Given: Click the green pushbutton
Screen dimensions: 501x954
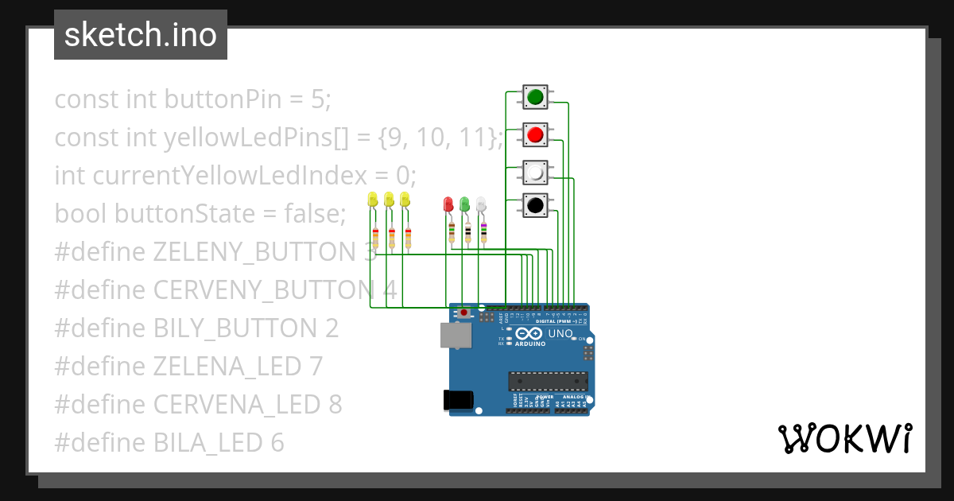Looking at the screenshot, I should pyautogui.click(x=535, y=97).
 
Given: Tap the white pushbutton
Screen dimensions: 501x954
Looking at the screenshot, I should pyautogui.click(x=535, y=172).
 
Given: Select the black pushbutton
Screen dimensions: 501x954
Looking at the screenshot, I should pyautogui.click(x=535, y=205).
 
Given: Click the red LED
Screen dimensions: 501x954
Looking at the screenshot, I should pyautogui.click(x=448, y=204).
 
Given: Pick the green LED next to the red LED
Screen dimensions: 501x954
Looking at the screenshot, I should pyautogui.click(x=465, y=204).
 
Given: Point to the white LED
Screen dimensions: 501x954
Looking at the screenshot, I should pyautogui.click(x=481, y=204).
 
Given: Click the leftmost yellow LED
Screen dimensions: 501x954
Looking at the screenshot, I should pyautogui.click(x=373, y=199).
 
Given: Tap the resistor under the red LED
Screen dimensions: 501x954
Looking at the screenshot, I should pyautogui.click(x=452, y=232).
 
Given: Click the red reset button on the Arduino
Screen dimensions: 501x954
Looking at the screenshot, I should pyautogui.click(x=463, y=313).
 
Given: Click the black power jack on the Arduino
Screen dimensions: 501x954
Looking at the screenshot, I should pyautogui.click(x=459, y=399).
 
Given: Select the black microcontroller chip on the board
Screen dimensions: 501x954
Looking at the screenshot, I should pyautogui.click(x=549, y=382).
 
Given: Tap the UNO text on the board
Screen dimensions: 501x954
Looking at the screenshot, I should pyautogui.click(x=560, y=333).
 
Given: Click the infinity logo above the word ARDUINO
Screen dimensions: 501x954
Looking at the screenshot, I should pyautogui.click(x=529, y=334).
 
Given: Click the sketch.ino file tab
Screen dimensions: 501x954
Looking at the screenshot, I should pyautogui.click(x=141, y=35).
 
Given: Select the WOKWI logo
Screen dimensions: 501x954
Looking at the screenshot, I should pyautogui.click(x=844, y=438).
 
